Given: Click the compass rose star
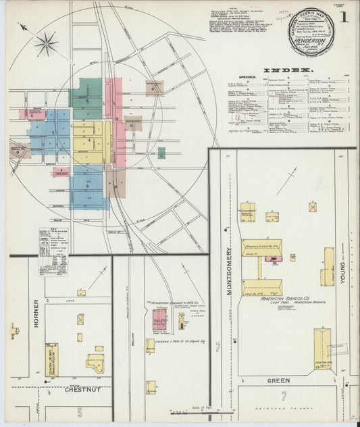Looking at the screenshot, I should (x=46, y=45).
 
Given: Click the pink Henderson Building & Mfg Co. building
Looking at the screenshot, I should (x=159, y=318).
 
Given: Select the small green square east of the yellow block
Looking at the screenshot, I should (x=161, y=153).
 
